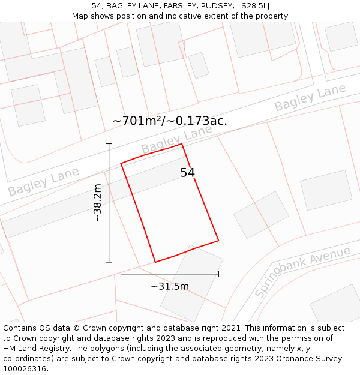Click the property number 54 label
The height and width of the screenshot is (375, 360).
coord(187,173)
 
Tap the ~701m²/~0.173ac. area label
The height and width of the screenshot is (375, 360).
coord(170,121)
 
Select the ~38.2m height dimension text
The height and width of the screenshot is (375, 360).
coord(97,203)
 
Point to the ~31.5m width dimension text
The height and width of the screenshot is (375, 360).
coord(169,286)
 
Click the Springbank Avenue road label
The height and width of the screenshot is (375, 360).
coord(302,272)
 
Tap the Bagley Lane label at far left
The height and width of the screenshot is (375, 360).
coord(43,182)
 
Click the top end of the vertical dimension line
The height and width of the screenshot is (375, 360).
coord(109,144)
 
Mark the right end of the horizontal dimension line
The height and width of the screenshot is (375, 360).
coord(218,274)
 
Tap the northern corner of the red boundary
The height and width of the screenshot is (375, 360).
coord(182,144)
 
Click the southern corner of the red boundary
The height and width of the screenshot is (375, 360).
coord(155,262)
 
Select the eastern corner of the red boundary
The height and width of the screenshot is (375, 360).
coord(218,241)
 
